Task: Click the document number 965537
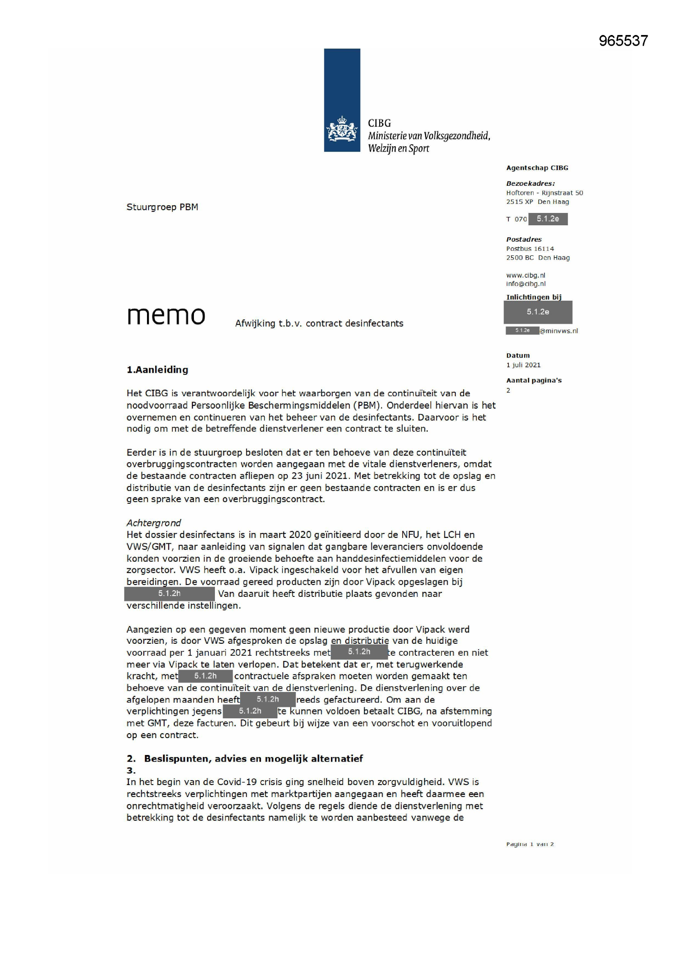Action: (623, 41)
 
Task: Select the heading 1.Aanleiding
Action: (157, 369)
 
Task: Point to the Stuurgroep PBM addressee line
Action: (162, 207)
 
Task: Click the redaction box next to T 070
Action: (548, 219)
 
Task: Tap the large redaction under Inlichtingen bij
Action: (538, 312)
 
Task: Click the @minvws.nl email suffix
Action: (559, 331)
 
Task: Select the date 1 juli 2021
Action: (523, 365)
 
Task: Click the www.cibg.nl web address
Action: (525, 275)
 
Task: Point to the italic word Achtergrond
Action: (154, 523)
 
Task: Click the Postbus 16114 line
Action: (529, 249)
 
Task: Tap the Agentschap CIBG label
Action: (537, 168)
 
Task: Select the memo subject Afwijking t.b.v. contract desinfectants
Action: (319, 323)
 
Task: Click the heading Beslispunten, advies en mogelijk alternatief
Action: (253, 758)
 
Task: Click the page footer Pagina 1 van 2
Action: (529, 844)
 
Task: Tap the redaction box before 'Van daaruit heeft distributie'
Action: (169, 594)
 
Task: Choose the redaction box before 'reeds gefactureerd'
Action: (268, 699)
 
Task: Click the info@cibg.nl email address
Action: (526, 284)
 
